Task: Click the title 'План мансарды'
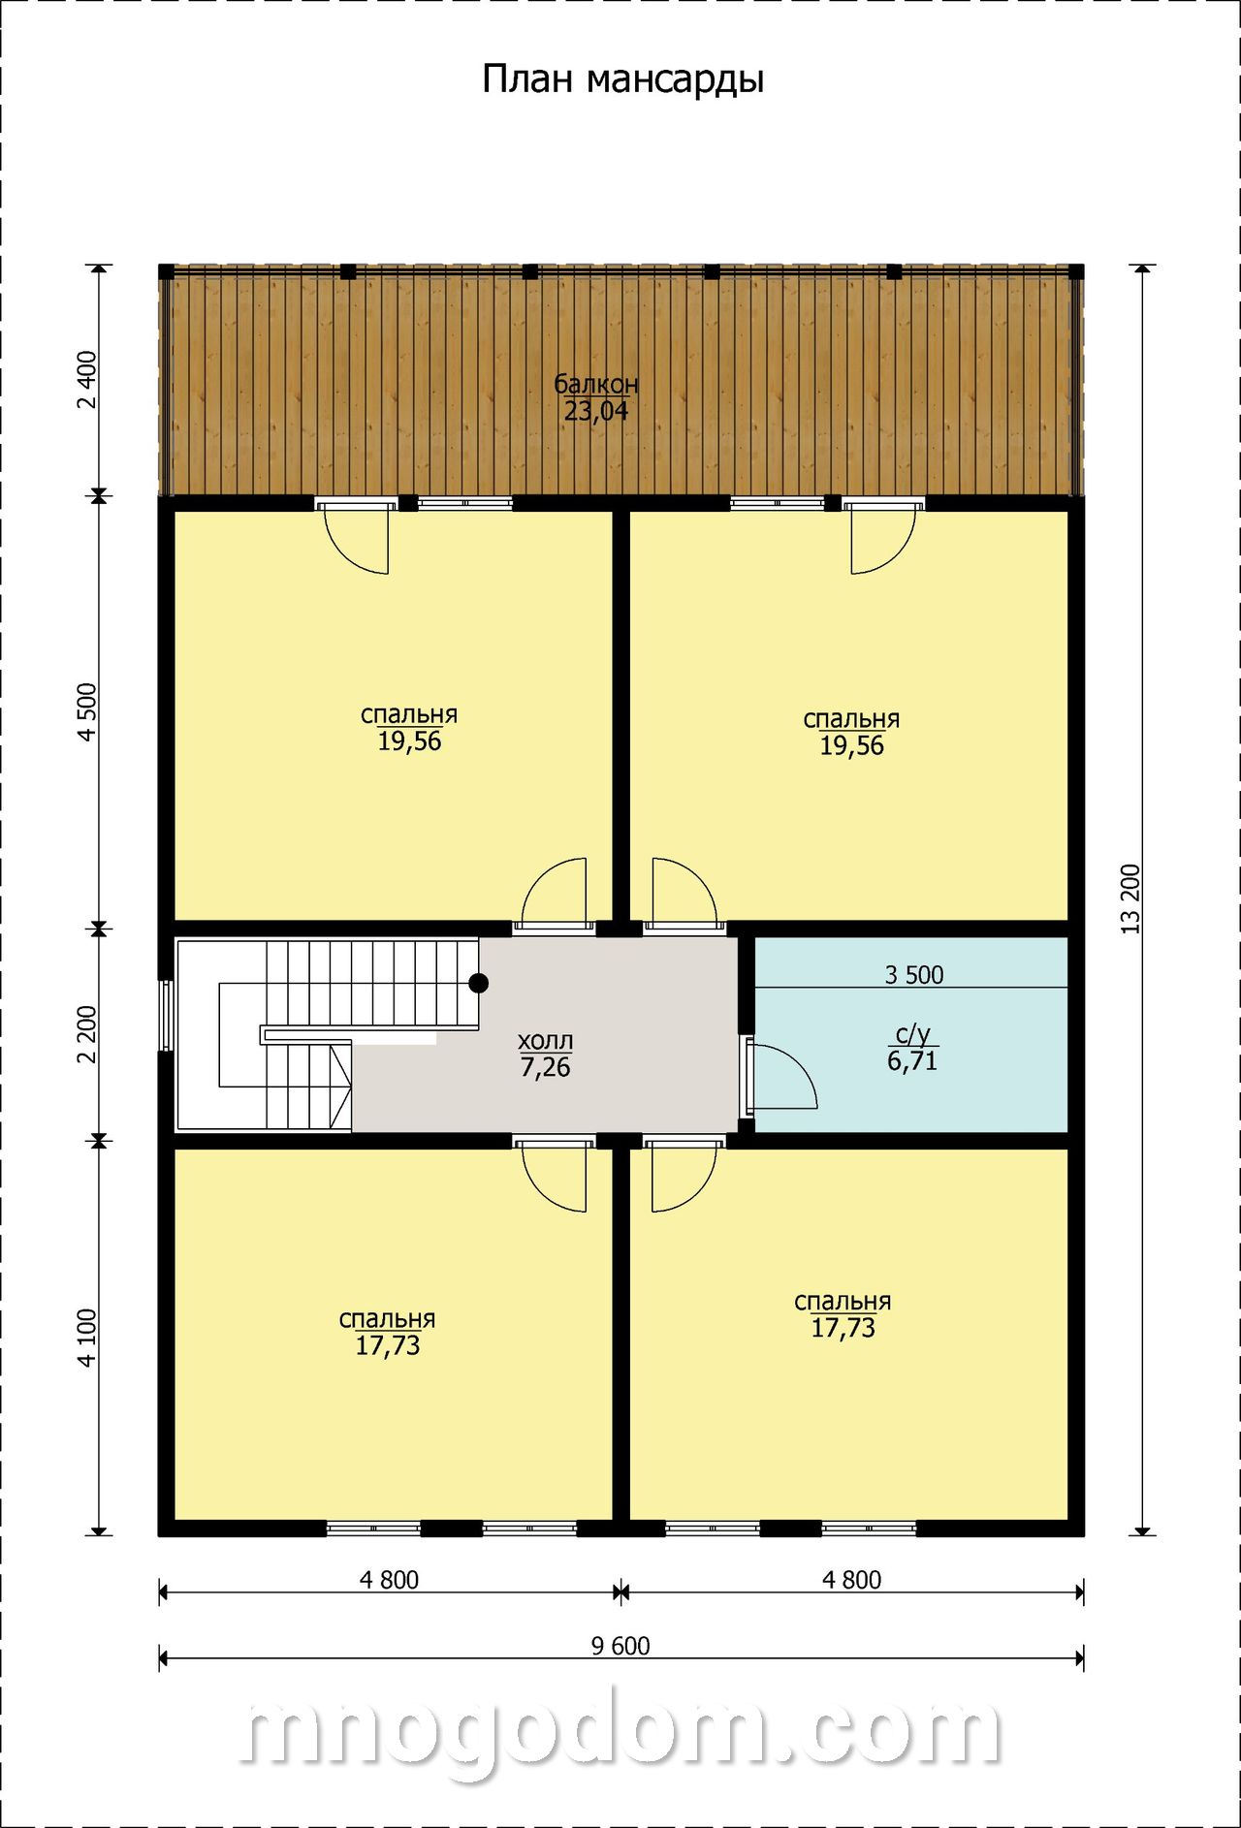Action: pos(622,79)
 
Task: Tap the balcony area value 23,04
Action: pos(596,411)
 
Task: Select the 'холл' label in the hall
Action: pos(545,1041)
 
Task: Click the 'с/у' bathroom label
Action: pos(912,1035)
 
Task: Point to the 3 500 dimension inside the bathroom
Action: pos(914,974)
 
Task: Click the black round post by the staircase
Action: pos(478,983)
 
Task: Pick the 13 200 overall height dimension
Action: pos(1130,898)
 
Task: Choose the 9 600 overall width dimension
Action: pos(620,1645)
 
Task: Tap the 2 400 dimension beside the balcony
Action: pos(86,381)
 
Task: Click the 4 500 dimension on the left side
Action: pos(86,712)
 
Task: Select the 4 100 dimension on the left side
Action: pos(86,1339)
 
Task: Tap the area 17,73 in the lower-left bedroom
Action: pos(388,1345)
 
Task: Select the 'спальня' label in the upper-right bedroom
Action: pos(851,719)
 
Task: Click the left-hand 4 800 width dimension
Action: pos(389,1580)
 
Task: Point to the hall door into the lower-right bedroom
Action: pos(685,1175)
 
